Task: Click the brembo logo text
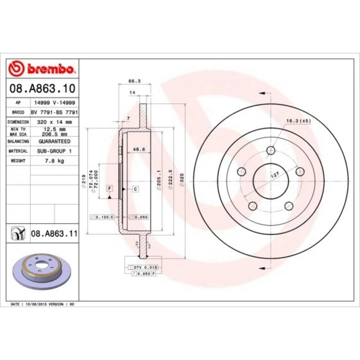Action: pyautogui.click(x=50, y=69)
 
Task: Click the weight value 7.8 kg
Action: pyautogui.click(x=54, y=161)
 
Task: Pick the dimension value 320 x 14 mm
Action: pyautogui.click(x=54, y=122)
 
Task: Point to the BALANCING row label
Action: pyautogui.click(x=18, y=142)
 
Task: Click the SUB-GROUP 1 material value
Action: pyautogui.click(x=54, y=151)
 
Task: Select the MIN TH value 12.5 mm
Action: pyautogui.click(x=54, y=129)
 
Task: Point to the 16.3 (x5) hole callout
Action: pyautogui.click(x=298, y=120)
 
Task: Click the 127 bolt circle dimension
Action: pyautogui.click(x=274, y=175)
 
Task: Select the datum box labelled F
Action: pyautogui.click(x=109, y=188)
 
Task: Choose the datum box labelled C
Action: pyautogui.click(x=135, y=188)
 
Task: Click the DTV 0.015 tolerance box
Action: pyautogui.click(x=142, y=267)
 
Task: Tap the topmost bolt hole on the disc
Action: pyautogui.click(x=271, y=150)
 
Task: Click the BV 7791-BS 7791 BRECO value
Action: pyautogui.click(x=54, y=112)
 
